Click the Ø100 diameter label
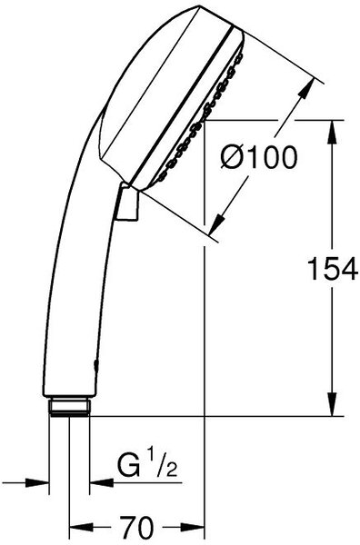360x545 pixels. pos(259,157)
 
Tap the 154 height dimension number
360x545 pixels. pos(334,269)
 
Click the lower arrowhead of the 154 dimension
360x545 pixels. pos(333,404)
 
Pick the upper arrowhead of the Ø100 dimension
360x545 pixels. pos(305,90)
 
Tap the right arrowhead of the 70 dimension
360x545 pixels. pos(193,528)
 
